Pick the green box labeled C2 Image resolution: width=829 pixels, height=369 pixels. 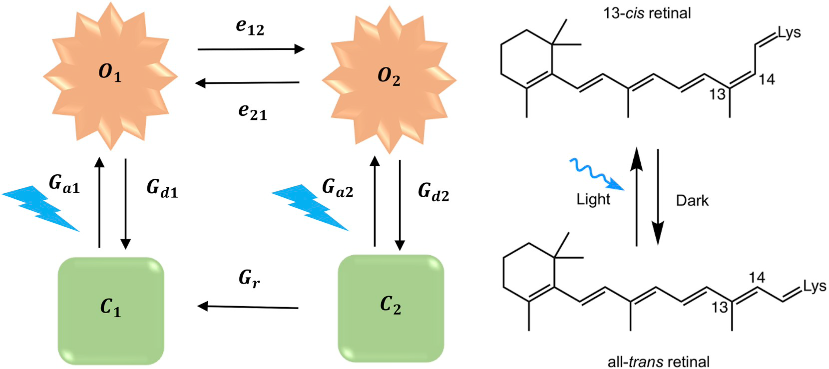coord(391,308)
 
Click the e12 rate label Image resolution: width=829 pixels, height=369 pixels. coord(250,27)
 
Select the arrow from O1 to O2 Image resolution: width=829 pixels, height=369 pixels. coord(251,49)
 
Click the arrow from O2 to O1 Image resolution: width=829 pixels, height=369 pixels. coord(247,83)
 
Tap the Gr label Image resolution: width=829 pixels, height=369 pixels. coord(249,278)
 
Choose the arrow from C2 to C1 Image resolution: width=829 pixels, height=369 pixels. coord(248,307)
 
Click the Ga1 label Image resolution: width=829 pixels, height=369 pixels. coord(64,184)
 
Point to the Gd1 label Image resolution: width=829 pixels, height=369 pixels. coord(162,188)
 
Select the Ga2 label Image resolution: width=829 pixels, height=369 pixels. coord(338,188)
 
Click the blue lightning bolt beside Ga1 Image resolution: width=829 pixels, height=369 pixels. coord(40,208)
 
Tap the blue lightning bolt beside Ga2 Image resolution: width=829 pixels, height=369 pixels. coord(310,208)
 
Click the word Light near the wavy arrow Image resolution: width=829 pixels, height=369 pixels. coord(593,199)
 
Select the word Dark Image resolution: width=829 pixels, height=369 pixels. coord(692,201)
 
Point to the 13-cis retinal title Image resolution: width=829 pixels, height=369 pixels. coord(647,13)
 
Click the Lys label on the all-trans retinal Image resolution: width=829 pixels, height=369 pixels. coord(815,286)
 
